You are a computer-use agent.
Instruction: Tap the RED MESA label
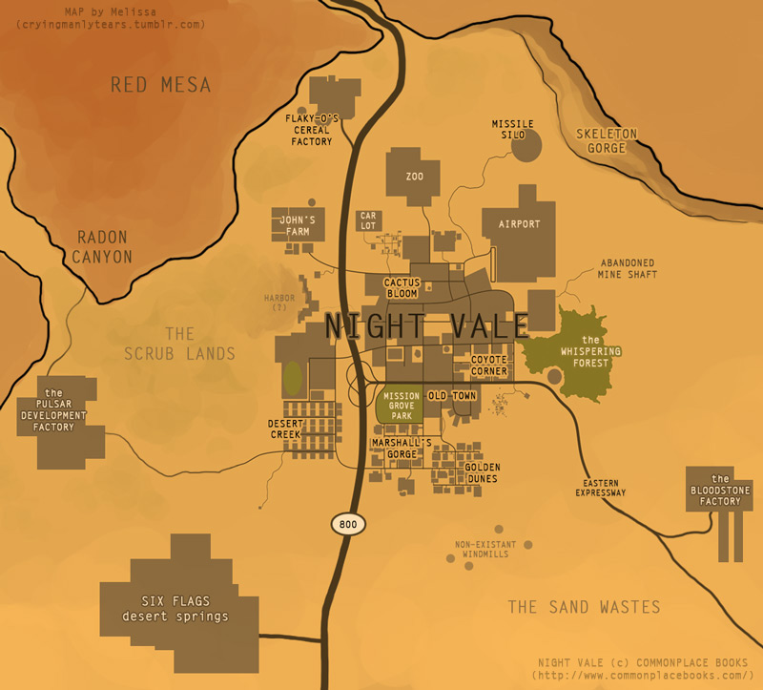160,86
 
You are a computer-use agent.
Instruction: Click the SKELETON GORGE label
607,140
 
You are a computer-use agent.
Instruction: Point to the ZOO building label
414,177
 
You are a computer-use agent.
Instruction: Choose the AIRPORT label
519,224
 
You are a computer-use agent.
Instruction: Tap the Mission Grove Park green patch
400,406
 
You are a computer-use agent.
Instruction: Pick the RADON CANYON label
104,247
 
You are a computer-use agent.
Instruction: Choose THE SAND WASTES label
584,607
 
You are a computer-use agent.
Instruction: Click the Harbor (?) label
279,302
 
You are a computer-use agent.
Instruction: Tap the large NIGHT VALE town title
425,325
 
